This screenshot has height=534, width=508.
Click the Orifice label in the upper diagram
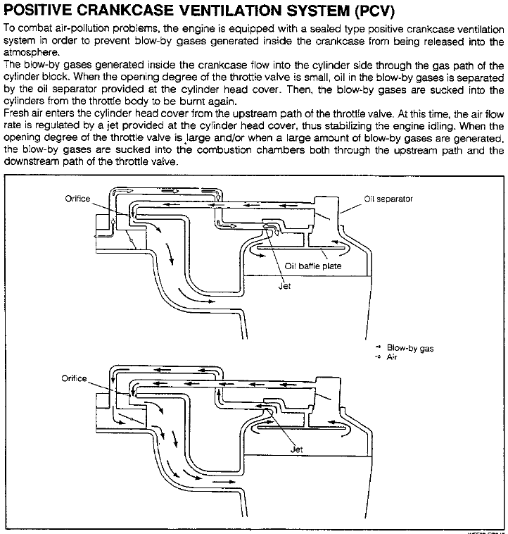coord(77,199)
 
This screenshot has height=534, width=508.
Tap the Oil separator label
coord(388,199)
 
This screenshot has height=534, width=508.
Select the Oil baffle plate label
coord(313,266)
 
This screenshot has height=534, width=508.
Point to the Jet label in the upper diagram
coord(285,287)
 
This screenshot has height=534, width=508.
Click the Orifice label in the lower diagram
coord(75,378)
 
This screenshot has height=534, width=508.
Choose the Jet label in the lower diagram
coord(297,448)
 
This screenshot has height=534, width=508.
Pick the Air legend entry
coord(392,357)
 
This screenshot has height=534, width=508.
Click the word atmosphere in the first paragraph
coord(29,51)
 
